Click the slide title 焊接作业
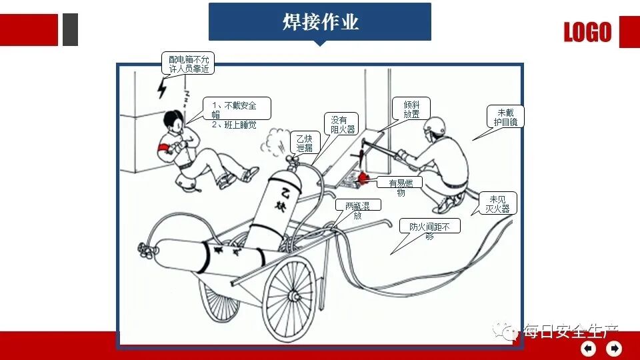(320, 21)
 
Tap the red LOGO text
(587, 32)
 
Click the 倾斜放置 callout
(411, 109)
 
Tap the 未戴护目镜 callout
(505, 117)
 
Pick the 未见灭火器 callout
(497, 204)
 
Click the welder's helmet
(436, 125)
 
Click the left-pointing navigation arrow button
(588, 348)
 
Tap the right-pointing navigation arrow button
(613, 348)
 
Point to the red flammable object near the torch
(364, 177)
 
